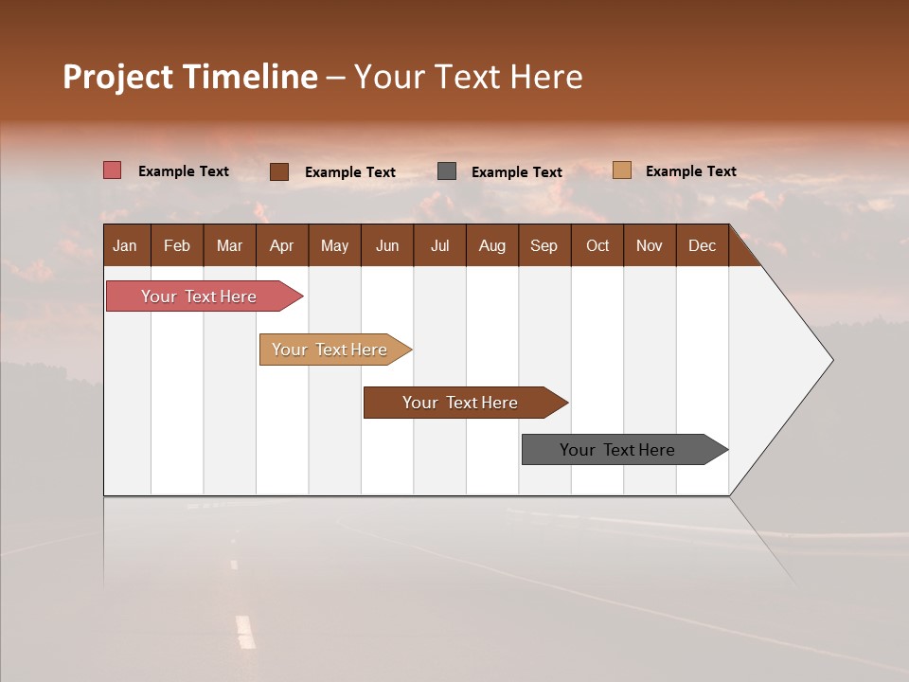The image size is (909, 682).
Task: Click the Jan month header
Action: pos(126,245)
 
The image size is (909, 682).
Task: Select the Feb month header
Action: pos(177,245)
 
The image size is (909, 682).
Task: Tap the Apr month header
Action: pos(281,245)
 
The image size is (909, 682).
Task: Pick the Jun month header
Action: pos(387,245)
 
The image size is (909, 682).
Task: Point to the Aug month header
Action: pos(491,245)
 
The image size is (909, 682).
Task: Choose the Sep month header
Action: pos(544,245)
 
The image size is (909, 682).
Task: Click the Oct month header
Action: pos(597,245)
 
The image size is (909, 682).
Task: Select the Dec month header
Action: pos(702,245)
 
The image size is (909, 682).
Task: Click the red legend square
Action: pos(113,170)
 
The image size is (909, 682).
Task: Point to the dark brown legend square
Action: pos(279,171)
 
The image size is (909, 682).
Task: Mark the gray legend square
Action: pos(447,171)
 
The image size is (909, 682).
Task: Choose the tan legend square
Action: pos(622,170)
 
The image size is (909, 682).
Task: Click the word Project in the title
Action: pos(117,77)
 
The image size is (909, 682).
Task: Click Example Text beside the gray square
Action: pos(517,172)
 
